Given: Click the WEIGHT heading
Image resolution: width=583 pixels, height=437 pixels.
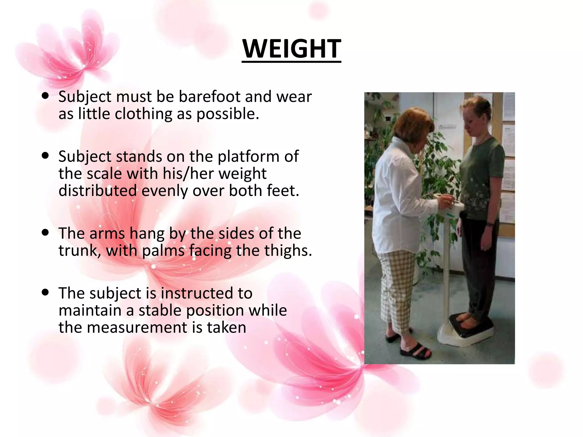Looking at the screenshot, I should pos(291,49).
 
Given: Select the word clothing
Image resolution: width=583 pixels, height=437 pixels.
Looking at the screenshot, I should pos(145,114).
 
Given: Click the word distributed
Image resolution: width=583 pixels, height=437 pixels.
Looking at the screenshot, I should pos(98,191).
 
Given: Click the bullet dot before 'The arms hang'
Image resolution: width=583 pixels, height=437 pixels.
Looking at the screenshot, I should pos(45,232).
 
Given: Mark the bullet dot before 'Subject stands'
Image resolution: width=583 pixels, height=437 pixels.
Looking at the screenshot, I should pos(45,156).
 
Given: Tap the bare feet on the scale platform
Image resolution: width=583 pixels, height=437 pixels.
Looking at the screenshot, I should pos(467,320).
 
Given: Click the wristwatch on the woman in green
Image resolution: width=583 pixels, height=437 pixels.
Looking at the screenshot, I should pos(490,224).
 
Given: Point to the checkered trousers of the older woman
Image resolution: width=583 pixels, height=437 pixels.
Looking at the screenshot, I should pos(397,287).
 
